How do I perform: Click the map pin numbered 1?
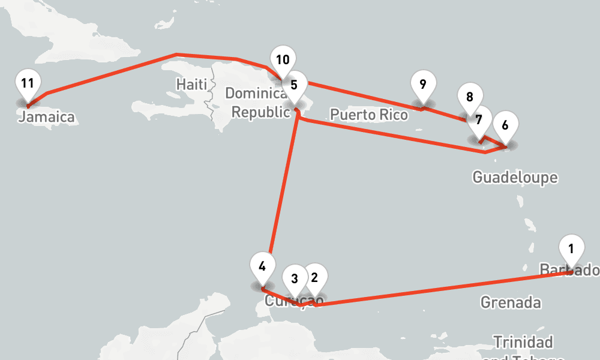coord(571,248)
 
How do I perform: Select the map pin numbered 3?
coord(295,279)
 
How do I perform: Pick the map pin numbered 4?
coord(262,266)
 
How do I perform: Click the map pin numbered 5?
coord(294,85)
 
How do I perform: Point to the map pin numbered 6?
coord(505,125)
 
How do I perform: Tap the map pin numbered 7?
coord(478,119)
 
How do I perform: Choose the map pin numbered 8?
coord(469,97)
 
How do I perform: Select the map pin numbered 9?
coord(423,84)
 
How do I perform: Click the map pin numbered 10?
coord(283,59)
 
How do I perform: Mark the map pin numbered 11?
coord(27,83)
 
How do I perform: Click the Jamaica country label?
coord(46,117)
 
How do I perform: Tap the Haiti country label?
coord(191,83)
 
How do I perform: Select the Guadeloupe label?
coord(515,177)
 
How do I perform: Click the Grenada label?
coord(510,302)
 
